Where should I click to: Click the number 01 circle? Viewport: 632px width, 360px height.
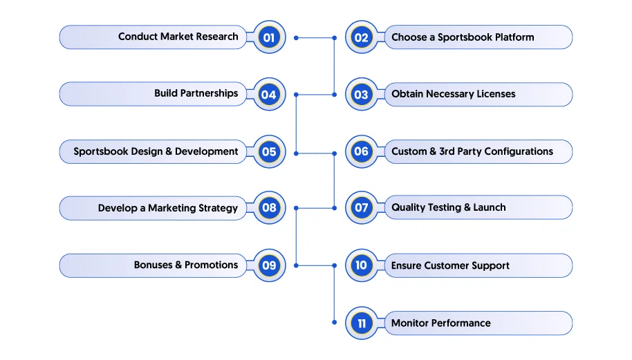point(269,37)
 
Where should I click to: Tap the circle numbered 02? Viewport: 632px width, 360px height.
point(362,37)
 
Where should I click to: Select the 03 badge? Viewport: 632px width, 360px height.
point(362,95)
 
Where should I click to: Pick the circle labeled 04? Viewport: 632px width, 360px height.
point(269,95)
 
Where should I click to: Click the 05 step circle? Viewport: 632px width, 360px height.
point(269,152)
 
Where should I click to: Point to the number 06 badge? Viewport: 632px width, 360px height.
point(362,152)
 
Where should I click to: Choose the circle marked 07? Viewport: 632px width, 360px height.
point(362,208)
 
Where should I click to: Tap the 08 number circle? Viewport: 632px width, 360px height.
point(269,208)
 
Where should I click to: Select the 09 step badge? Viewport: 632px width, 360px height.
point(269,265)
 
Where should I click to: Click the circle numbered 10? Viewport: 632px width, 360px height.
point(362,265)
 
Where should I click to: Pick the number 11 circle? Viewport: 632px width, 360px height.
point(362,323)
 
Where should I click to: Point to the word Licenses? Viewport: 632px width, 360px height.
point(496,94)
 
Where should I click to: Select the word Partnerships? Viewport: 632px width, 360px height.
point(209,94)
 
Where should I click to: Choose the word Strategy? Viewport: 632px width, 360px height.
point(218,209)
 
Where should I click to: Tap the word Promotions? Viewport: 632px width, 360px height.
point(211,265)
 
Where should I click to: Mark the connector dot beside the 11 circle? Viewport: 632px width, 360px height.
point(334,322)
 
